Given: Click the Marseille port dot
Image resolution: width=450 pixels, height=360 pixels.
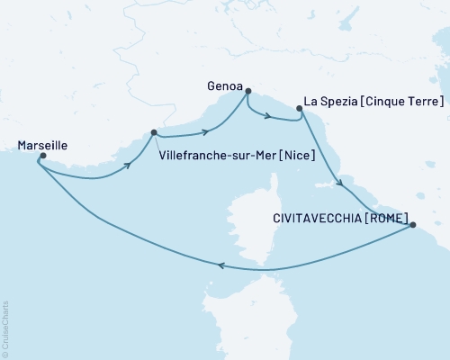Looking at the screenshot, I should coord(42,156).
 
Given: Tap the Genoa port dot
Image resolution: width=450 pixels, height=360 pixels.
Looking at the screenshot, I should coord(247,91).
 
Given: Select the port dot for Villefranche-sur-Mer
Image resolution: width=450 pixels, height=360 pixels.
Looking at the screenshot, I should coord(154,132).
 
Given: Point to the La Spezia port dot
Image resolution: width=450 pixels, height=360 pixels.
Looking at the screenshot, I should coord(299,108).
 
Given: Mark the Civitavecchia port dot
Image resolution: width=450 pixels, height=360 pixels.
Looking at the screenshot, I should coord(412,225).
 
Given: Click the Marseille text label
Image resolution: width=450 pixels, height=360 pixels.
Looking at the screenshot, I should coord(42,142).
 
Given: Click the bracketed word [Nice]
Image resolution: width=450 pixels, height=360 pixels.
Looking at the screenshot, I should coord(296,155).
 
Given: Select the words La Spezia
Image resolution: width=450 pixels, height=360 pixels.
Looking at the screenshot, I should coord(333,102).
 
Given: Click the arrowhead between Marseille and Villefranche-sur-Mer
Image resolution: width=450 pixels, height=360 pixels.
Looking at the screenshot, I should coord(130,166).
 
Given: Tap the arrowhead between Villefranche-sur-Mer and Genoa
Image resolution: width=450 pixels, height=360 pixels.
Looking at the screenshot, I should coord(207,132).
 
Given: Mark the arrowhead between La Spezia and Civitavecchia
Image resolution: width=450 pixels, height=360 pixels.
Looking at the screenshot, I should coord(339,184).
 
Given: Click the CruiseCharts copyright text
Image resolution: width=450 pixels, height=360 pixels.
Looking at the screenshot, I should coord(5,328).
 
